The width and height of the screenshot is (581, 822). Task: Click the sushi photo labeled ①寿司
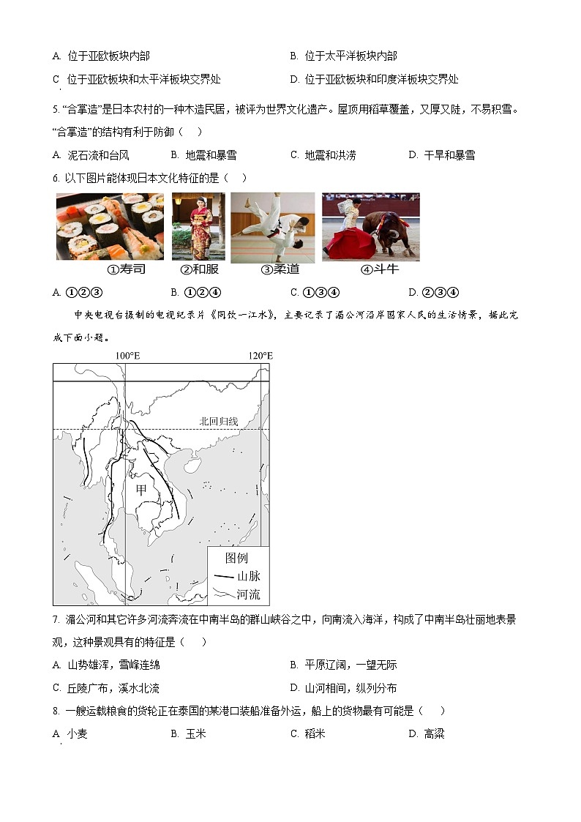pyautogui.click(x=110, y=226)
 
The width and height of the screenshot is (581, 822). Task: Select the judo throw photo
pyautogui.click(x=272, y=227)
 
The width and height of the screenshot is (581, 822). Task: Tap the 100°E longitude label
pyautogui.click(x=127, y=356)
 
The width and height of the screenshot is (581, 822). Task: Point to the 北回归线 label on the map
pyautogui.click(x=219, y=421)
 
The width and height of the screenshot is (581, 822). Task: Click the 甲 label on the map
pyautogui.click(x=141, y=490)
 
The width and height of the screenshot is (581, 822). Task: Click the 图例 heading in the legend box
pyautogui.click(x=236, y=558)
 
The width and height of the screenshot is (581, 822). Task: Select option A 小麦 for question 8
pyautogui.click(x=70, y=733)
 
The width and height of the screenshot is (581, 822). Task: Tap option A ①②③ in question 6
pyautogui.click(x=72, y=293)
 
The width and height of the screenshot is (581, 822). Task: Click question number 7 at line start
pyautogui.click(x=56, y=619)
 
